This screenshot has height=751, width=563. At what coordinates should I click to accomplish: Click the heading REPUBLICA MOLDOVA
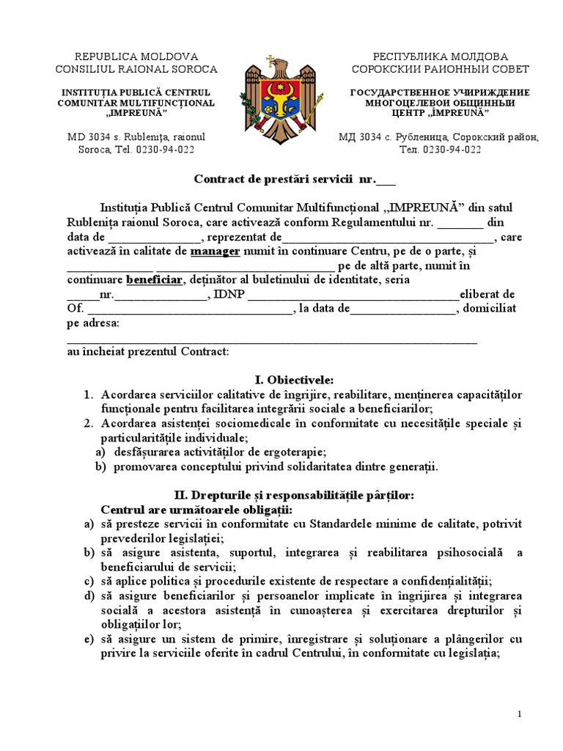tap(136, 56)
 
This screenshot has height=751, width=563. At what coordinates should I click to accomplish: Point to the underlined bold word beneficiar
tap(153, 279)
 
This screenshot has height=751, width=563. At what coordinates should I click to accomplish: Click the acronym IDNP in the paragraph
tap(229, 294)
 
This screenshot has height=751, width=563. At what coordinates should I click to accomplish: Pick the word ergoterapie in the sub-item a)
tap(292, 453)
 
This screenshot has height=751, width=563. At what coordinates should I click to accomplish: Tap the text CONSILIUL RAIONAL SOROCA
tap(136, 69)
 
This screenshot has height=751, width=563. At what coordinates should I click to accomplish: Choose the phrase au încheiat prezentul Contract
tap(148, 351)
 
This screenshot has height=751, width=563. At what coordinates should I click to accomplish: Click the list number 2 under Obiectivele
tap(87, 424)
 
